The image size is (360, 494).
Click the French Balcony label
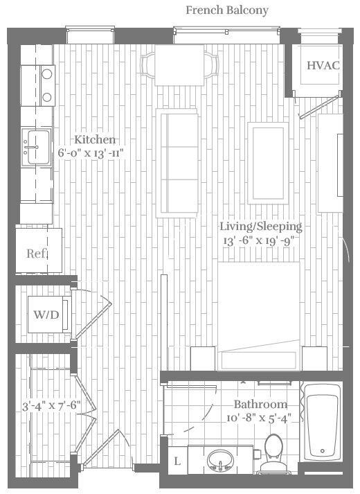[x=227, y=10]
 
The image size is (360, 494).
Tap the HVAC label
[x=323, y=66]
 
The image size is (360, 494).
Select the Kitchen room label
[x=96, y=140]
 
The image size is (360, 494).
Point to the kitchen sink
[x=35, y=147]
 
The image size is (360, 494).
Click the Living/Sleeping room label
[x=260, y=227]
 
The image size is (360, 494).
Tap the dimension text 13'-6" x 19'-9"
[x=260, y=240]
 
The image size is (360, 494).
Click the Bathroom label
[x=260, y=404]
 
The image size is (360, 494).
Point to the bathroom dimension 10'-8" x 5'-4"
[x=260, y=418]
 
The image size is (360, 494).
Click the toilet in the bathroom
[x=273, y=451]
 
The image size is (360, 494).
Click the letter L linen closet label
[x=177, y=461]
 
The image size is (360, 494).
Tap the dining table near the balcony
[x=179, y=65]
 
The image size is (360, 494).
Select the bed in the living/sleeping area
[x=259, y=312]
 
